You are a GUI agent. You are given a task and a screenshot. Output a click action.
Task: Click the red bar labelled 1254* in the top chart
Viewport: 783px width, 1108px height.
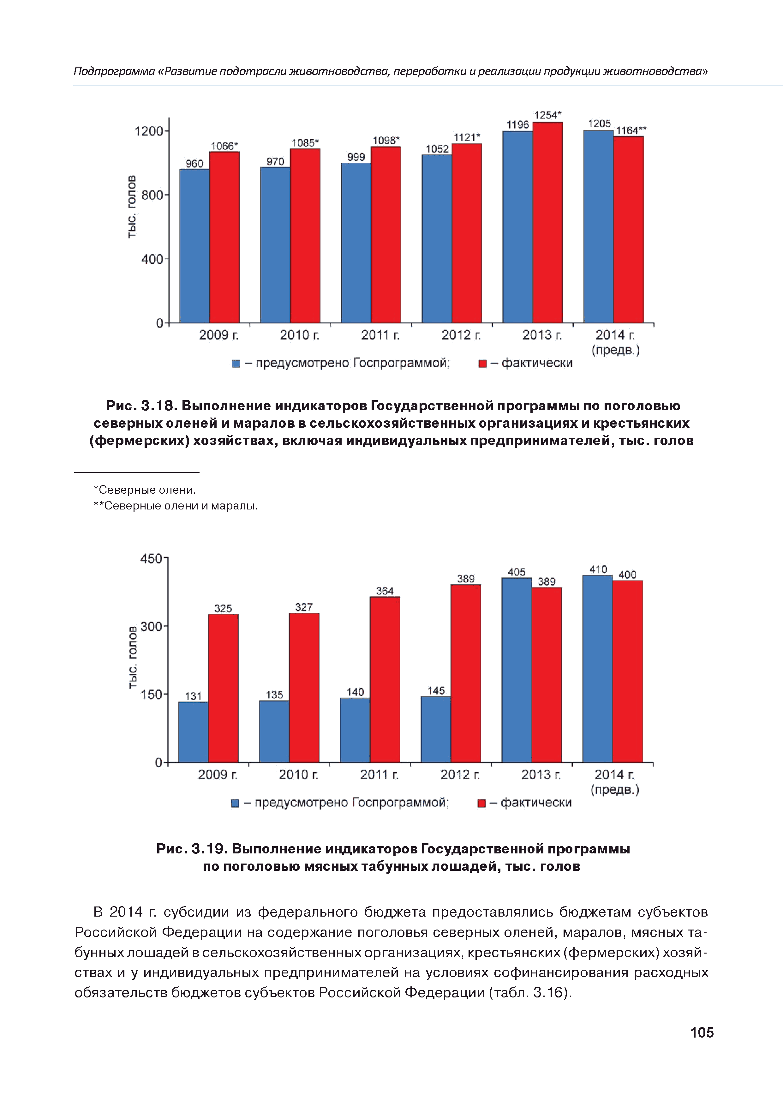[x=547, y=222]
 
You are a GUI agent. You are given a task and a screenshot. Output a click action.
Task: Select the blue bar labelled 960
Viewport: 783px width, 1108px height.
[x=194, y=246]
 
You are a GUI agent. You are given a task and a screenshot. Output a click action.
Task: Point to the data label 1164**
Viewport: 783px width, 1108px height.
[x=631, y=130]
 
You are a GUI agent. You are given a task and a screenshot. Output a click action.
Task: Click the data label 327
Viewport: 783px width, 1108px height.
[x=304, y=607]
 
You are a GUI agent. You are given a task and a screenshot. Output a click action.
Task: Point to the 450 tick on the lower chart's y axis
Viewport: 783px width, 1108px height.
[x=151, y=559]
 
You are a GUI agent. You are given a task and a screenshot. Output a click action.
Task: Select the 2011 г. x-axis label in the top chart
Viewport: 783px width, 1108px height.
[x=380, y=335]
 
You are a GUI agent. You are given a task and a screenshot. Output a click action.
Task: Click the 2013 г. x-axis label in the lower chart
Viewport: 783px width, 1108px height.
[x=541, y=774]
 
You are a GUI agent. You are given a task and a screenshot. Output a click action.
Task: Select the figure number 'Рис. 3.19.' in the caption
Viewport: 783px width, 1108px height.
[x=192, y=849]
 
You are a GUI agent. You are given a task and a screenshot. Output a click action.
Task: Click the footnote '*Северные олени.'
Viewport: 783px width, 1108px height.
[x=145, y=490]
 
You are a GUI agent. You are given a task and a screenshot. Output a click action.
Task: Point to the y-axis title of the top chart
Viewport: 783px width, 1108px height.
[x=132, y=207]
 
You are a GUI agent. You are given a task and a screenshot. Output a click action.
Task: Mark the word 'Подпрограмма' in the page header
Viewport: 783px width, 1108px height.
[x=114, y=71]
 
